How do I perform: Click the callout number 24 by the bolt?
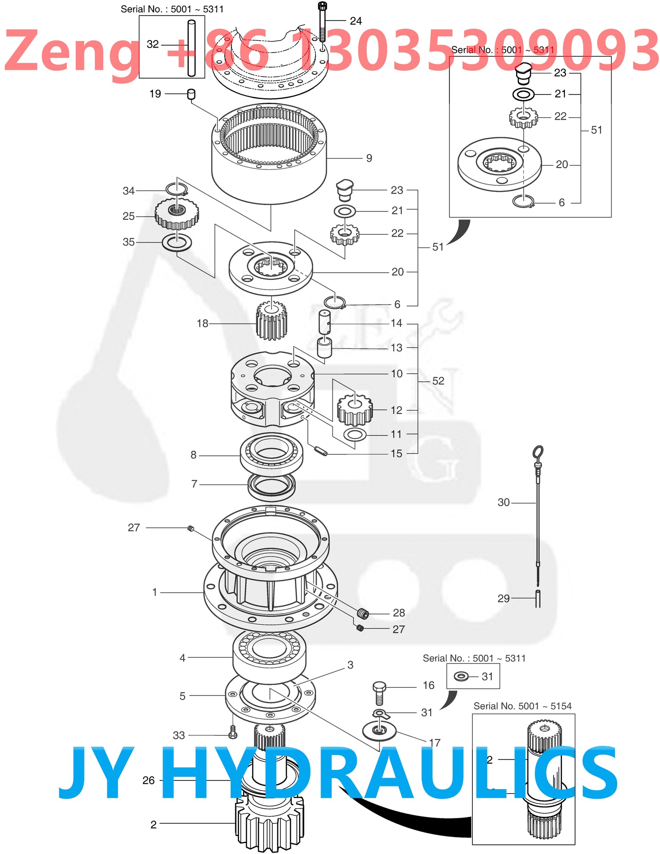(x=355, y=21)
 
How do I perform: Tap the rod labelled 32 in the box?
(x=191, y=48)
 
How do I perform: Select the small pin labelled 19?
(x=191, y=94)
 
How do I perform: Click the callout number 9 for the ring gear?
(x=369, y=158)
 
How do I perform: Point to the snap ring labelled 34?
(x=176, y=189)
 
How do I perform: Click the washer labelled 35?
(x=177, y=242)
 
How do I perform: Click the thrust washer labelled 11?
(x=354, y=434)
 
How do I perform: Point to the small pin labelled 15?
(x=322, y=451)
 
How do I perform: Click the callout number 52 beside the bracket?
(x=438, y=381)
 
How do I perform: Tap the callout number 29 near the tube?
(x=503, y=599)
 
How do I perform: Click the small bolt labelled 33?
(x=232, y=732)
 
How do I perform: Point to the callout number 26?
(x=148, y=780)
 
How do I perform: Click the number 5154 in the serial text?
(x=561, y=706)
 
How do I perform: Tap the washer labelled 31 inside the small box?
(x=461, y=676)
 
